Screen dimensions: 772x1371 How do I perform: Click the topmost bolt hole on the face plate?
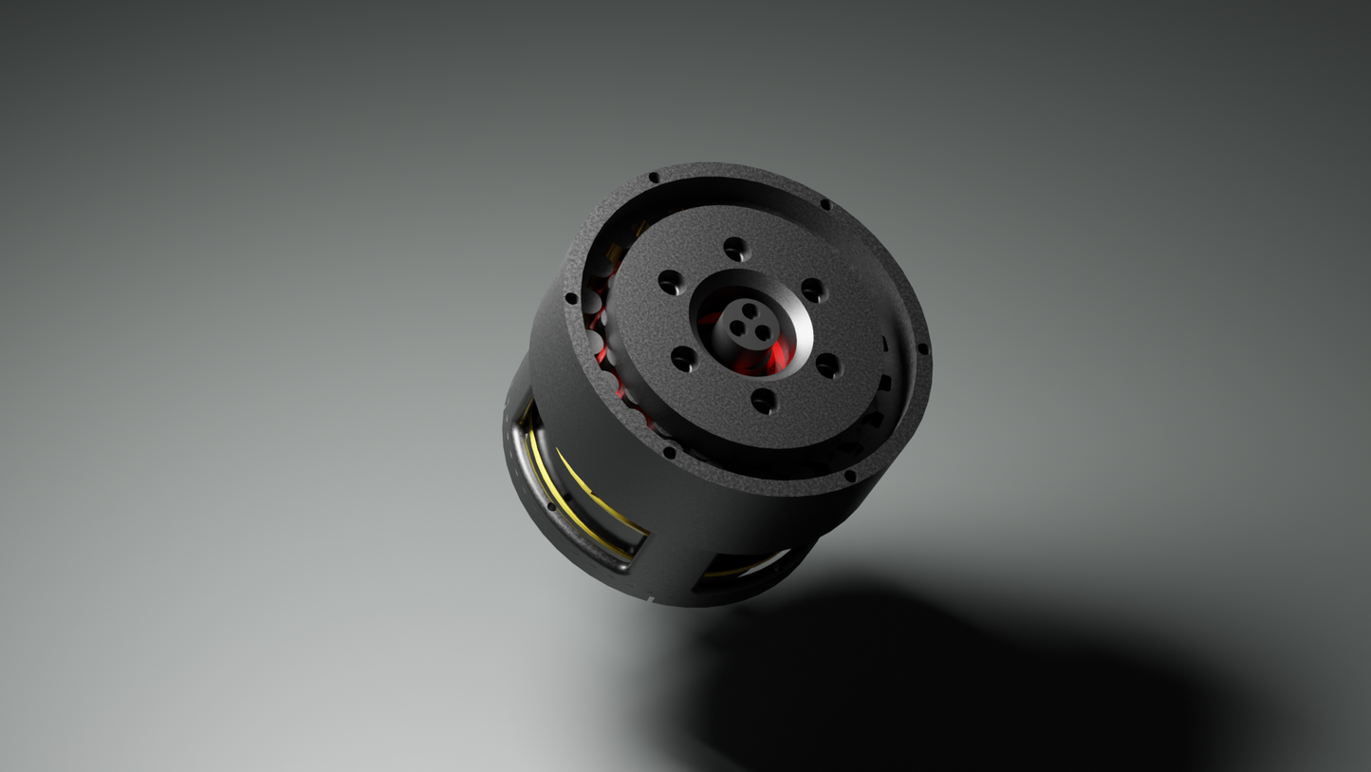tap(736, 250)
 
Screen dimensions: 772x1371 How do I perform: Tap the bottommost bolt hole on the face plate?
tap(764, 402)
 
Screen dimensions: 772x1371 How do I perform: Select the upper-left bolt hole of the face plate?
tap(670, 282)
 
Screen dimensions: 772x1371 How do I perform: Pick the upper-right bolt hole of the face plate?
tap(812, 291)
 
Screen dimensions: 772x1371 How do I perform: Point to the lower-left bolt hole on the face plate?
tap(683, 360)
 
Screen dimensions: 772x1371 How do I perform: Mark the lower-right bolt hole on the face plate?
tap(828, 366)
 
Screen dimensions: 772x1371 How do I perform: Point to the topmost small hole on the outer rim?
tap(654, 178)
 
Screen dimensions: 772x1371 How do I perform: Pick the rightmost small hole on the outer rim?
tap(923, 349)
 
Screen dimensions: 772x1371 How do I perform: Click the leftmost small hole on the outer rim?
tap(571, 298)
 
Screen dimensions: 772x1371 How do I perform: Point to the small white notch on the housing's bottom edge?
tap(651, 599)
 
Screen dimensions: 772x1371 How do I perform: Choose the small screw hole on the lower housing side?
tap(552, 505)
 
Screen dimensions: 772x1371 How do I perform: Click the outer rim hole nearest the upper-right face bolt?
tap(825, 204)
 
